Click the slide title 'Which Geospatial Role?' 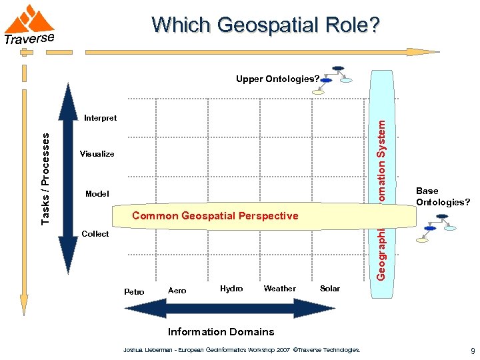coord(266,25)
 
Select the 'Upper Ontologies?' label coord(277,79)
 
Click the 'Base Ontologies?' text coord(443,196)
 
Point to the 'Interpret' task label coord(100,118)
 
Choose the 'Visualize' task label coord(97,154)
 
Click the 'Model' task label coord(97,194)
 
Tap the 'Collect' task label coord(95,234)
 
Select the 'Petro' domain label coord(134,291)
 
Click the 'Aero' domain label coord(177,290)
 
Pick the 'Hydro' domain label coord(231,289)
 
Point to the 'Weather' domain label coord(279,289)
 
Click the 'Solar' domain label coord(330,289)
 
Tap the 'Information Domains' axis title coord(221,331)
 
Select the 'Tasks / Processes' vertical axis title coord(45,178)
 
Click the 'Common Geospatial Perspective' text coord(215,216)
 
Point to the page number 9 coord(472,351)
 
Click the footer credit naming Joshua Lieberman coord(242,349)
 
